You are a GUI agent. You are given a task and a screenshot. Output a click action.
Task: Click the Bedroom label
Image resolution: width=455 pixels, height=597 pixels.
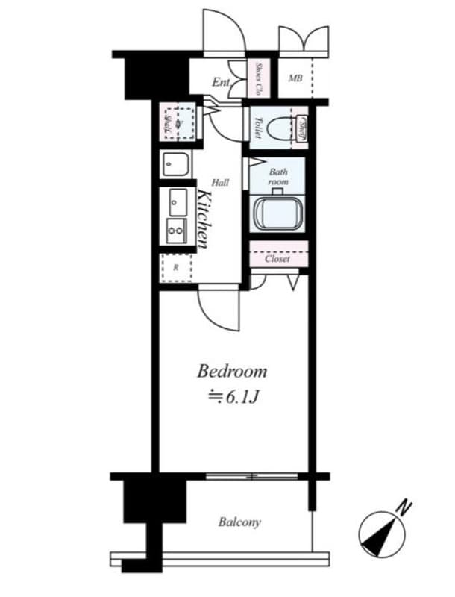(x=231, y=372)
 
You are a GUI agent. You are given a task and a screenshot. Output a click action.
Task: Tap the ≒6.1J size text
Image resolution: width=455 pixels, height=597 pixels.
(x=232, y=396)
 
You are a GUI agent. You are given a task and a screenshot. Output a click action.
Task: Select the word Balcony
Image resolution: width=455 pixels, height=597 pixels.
(x=239, y=522)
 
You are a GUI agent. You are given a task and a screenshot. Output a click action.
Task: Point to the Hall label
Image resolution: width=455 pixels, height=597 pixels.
(x=220, y=182)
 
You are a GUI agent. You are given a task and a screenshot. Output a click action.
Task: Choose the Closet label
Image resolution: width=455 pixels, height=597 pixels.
(x=277, y=259)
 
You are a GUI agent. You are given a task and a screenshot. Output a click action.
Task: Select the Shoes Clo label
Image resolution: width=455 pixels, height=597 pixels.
(x=258, y=78)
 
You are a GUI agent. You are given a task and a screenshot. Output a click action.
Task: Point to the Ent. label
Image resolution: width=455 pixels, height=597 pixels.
(x=221, y=82)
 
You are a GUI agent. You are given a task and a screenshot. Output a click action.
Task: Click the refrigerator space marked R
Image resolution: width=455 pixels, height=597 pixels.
(x=176, y=267)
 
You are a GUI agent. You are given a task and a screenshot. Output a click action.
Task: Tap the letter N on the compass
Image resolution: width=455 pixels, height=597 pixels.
(x=403, y=507)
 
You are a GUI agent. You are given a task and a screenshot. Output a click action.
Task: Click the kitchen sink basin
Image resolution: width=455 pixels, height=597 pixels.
(x=178, y=201)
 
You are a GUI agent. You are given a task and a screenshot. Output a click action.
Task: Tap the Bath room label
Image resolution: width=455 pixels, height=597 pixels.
(x=277, y=176)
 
